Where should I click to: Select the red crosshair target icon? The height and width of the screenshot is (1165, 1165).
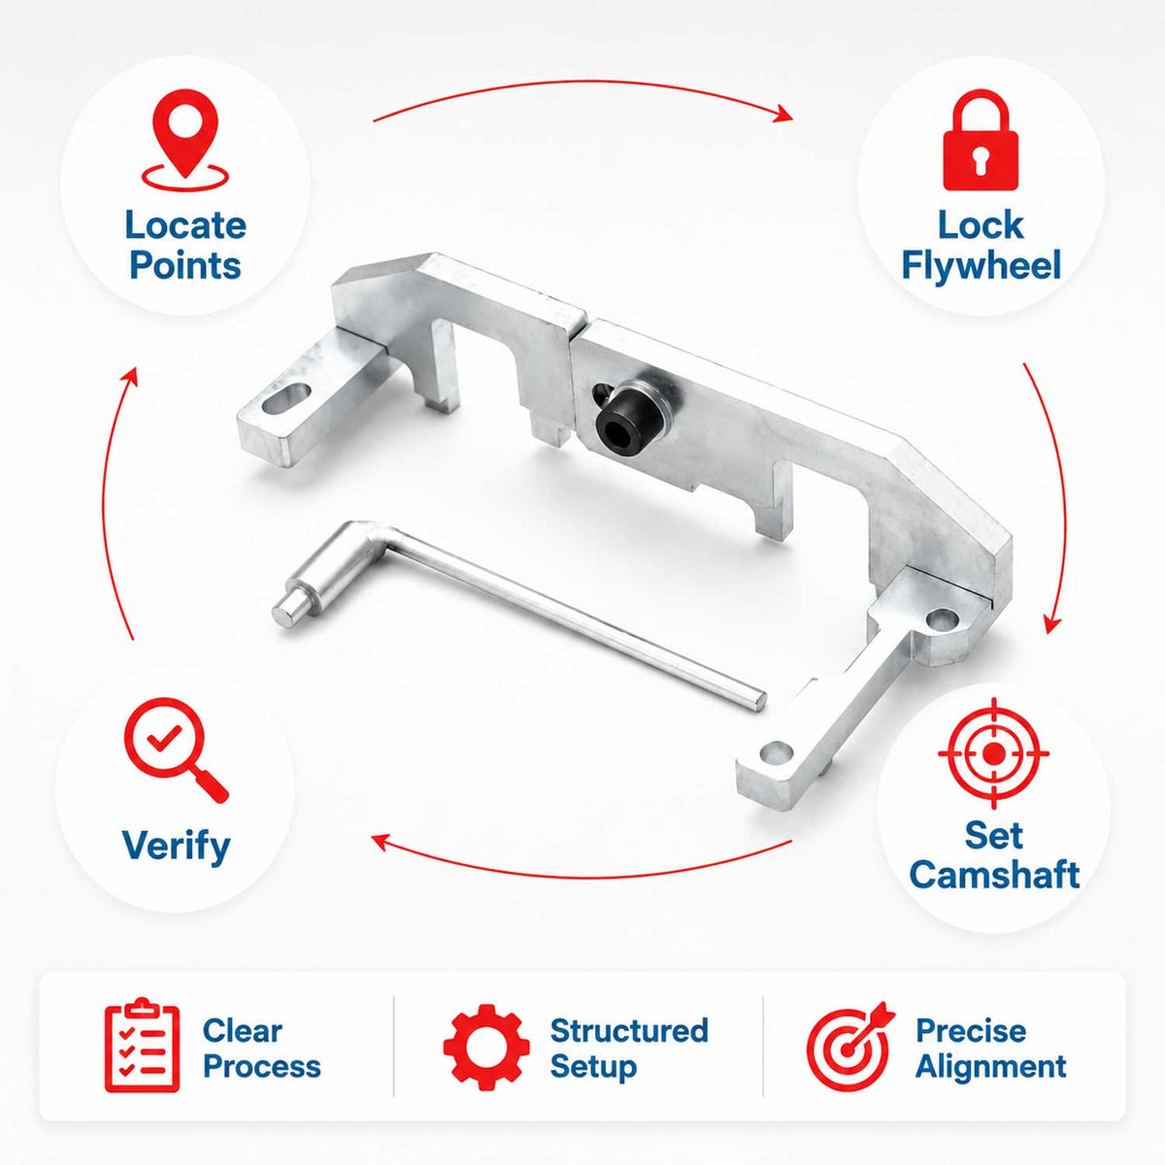(x=994, y=753)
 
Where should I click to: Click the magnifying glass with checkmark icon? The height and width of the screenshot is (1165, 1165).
(x=176, y=750)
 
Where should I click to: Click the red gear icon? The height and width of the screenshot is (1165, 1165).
(x=486, y=1048)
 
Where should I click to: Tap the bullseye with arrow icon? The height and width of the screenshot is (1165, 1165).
(x=850, y=1047)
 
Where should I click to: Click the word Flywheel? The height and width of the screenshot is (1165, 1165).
(x=981, y=265)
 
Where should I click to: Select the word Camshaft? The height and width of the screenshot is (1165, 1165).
(x=994, y=874)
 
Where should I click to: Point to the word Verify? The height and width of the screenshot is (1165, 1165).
(x=176, y=847)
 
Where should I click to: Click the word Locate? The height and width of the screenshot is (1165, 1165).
(x=185, y=225)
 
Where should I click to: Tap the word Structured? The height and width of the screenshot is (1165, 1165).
(x=629, y=1030)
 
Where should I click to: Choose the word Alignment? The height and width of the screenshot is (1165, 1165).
(x=990, y=1067)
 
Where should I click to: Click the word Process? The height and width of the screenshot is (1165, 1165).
(x=262, y=1066)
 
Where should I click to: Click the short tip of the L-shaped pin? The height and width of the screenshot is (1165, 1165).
(x=285, y=612)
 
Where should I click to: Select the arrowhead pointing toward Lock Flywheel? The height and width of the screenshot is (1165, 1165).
(x=784, y=114)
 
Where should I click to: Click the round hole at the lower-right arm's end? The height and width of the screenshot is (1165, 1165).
(x=777, y=751)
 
